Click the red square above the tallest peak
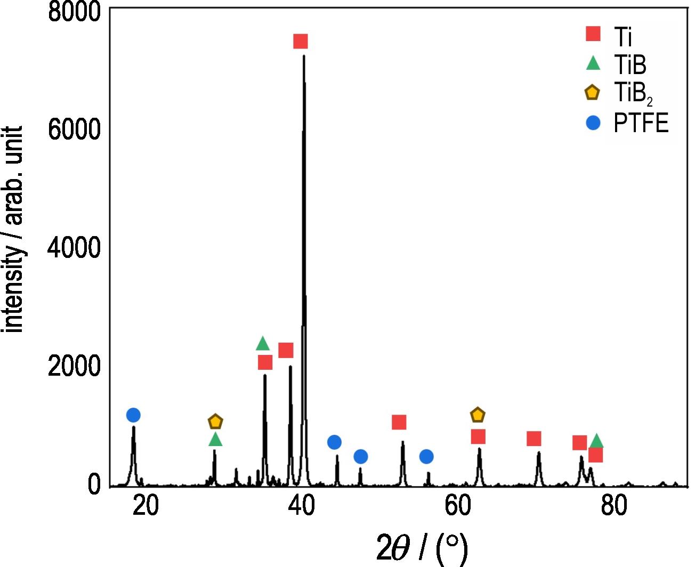point(301,42)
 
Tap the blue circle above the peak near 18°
point(133,415)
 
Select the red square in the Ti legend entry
point(593,34)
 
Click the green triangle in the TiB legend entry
point(593,63)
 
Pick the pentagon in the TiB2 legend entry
point(592,93)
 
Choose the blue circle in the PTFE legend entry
point(593,123)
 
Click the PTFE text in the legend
point(641,124)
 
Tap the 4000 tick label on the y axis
point(74,248)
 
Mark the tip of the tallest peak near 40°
point(304,55)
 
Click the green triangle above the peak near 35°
point(263,344)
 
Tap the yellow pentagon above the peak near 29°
point(215,422)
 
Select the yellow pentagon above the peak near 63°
point(478,415)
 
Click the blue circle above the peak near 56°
point(426,457)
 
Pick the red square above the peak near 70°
point(534,439)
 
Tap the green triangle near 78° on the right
point(596,441)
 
